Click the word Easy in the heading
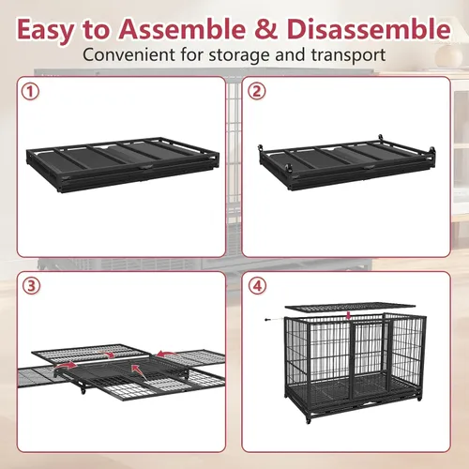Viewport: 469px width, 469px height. (46, 30)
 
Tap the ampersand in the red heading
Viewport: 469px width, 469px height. (265, 29)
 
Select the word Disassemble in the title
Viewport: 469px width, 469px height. (369, 29)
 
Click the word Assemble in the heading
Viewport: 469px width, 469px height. (182, 29)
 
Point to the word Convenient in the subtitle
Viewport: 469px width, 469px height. (129, 54)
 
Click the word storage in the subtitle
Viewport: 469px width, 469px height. (239, 55)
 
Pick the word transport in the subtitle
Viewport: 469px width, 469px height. (348, 55)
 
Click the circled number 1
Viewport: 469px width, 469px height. (30, 92)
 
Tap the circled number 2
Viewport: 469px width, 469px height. (256, 91)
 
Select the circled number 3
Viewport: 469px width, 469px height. (32, 286)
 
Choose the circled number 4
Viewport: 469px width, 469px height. (257, 286)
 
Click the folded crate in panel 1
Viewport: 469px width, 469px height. (123, 164)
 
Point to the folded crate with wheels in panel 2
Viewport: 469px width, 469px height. (348, 162)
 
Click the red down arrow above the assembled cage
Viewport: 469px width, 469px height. (349, 315)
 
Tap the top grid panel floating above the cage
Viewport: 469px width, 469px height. (350, 307)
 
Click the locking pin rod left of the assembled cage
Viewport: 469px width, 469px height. (275, 319)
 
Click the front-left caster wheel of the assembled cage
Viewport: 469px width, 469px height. (309, 420)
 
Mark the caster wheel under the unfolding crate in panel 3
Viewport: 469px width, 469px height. (83, 390)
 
